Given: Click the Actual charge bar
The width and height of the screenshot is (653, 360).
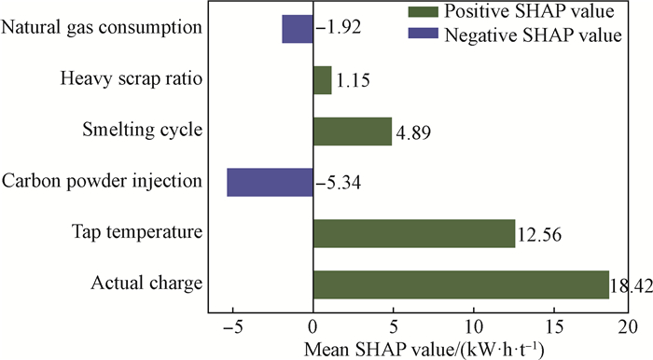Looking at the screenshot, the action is (x=461, y=284).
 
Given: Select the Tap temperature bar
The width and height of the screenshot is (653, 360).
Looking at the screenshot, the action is (x=414, y=233).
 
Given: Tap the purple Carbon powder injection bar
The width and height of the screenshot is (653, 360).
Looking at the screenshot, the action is (x=270, y=182).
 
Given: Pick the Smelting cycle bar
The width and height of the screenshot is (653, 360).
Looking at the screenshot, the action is (x=353, y=132).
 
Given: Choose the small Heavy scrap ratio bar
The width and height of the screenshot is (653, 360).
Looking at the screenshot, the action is (x=323, y=80).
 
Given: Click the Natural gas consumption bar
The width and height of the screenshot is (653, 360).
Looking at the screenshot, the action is (x=298, y=29).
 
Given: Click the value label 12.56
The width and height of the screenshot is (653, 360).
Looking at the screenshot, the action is (x=539, y=235).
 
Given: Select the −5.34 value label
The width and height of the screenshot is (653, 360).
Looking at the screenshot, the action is (x=338, y=183).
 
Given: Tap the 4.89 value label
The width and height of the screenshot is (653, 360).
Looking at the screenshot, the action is (x=413, y=132).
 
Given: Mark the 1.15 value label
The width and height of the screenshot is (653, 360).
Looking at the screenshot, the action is (x=353, y=81).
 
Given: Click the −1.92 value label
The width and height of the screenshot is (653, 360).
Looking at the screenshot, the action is (x=338, y=27).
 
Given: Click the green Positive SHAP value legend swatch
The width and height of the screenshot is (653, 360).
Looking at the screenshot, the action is (x=424, y=11).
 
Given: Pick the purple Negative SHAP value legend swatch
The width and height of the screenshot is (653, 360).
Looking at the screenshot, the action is (x=424, y=34).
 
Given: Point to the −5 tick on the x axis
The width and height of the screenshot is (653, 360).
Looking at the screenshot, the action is (x=233, y=327).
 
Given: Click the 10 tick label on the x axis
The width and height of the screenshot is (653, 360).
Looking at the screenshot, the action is (x=474, y=327).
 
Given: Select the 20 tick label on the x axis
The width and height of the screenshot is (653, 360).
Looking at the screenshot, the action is (x=628, y=327).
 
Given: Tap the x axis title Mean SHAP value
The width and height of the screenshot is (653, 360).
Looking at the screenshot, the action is (x=424, y=349).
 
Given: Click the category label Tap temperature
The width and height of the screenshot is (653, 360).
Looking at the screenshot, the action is (x=137, y=231).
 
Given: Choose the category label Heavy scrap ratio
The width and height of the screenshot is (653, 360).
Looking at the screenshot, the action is (x=132, y=78).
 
